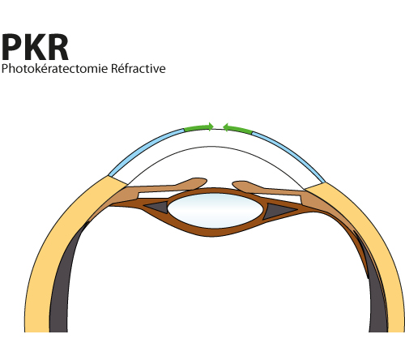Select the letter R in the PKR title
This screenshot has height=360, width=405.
tap(58, 47)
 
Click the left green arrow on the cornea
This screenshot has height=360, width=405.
tap(198, 128)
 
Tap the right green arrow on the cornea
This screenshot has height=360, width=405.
tap(237, 128)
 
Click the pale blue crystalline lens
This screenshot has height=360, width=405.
tap(215, 211)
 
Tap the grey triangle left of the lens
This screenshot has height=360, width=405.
tap(157, 208)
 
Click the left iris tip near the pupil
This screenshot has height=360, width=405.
tap(200, 182)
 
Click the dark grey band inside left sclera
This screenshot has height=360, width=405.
tap(61, 284)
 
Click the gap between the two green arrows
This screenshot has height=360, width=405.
tap(218, 127)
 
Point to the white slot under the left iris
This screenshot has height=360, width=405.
tap(156, 195)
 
